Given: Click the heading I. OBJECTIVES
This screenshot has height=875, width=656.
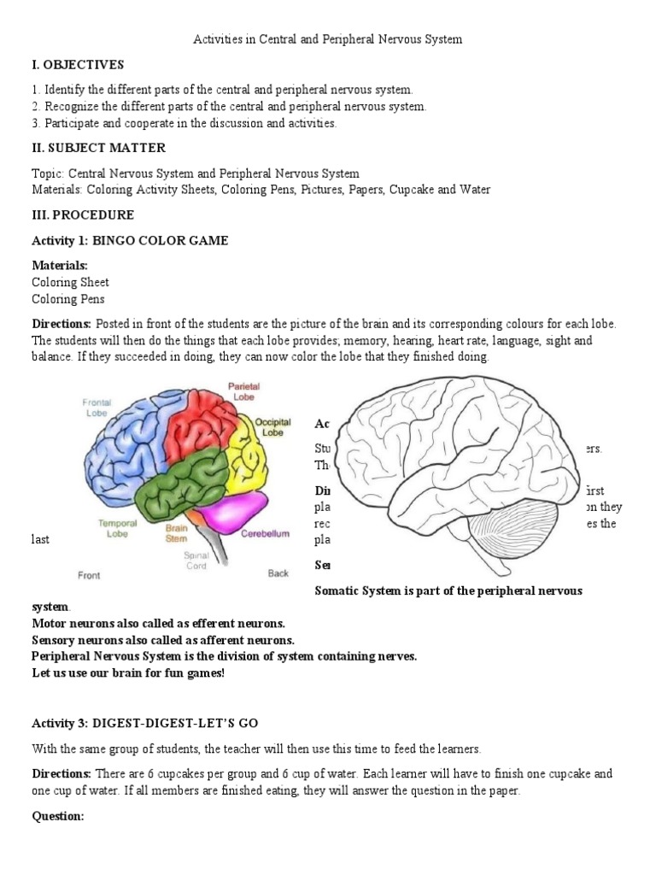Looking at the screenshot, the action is pos(78,65).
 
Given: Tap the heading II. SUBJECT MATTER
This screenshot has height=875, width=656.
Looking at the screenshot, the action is pos(98,149).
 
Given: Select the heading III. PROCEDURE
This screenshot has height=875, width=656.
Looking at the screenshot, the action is pos(83,214).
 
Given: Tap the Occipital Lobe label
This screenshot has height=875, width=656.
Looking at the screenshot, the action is pos(274,427).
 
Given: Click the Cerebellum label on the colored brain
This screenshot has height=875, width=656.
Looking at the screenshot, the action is pos(266,533).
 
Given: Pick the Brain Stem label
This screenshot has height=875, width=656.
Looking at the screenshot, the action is pos(177,534).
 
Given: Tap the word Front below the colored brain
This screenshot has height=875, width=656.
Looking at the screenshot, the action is pos(89,575).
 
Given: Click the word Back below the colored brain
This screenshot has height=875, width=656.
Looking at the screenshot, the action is pos(278,573).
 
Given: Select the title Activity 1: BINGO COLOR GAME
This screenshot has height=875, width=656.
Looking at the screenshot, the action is pos(130,241).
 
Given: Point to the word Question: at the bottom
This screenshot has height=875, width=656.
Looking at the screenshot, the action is pos(57,816).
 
